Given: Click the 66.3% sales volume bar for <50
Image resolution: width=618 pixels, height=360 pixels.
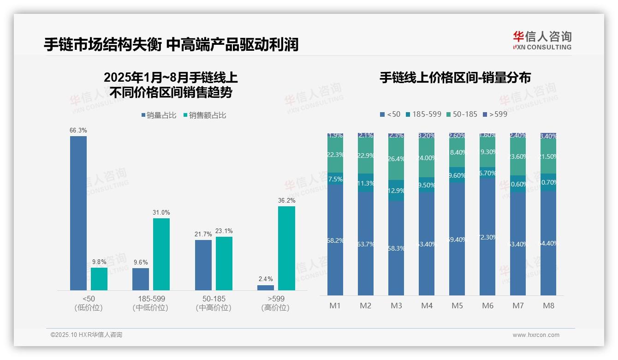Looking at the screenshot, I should click(78, 213).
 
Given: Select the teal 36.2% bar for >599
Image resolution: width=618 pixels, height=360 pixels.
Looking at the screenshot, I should click(286, 248).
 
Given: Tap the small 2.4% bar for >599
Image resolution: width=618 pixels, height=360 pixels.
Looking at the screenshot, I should click(266, 288).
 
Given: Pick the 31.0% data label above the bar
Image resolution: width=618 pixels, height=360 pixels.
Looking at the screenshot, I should click(161, 213).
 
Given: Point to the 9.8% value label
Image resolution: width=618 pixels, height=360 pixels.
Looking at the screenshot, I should click(99, 262).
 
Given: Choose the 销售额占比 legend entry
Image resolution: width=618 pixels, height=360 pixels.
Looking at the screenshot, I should click(205, 115).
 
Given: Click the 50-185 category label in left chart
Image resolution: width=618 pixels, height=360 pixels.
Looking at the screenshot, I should click(214, 299).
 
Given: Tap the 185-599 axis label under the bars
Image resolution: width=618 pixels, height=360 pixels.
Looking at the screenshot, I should click(151, 299).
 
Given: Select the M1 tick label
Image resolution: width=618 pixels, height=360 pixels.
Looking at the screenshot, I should click(335, 306).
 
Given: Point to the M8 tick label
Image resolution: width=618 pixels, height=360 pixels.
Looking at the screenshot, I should click(548, 306).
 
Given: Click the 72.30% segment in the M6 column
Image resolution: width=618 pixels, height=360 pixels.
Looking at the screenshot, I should click(487, 237).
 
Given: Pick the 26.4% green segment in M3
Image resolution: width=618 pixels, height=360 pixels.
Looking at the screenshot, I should click(396, 159).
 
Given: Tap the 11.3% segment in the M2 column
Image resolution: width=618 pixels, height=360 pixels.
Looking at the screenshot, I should click(366, 183).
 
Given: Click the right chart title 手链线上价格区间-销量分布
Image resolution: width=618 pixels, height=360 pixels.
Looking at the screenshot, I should click(455, 78).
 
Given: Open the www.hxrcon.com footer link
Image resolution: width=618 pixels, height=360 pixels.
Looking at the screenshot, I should click(536, 335).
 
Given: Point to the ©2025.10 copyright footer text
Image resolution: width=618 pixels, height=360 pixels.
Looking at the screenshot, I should click(86, 335).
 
